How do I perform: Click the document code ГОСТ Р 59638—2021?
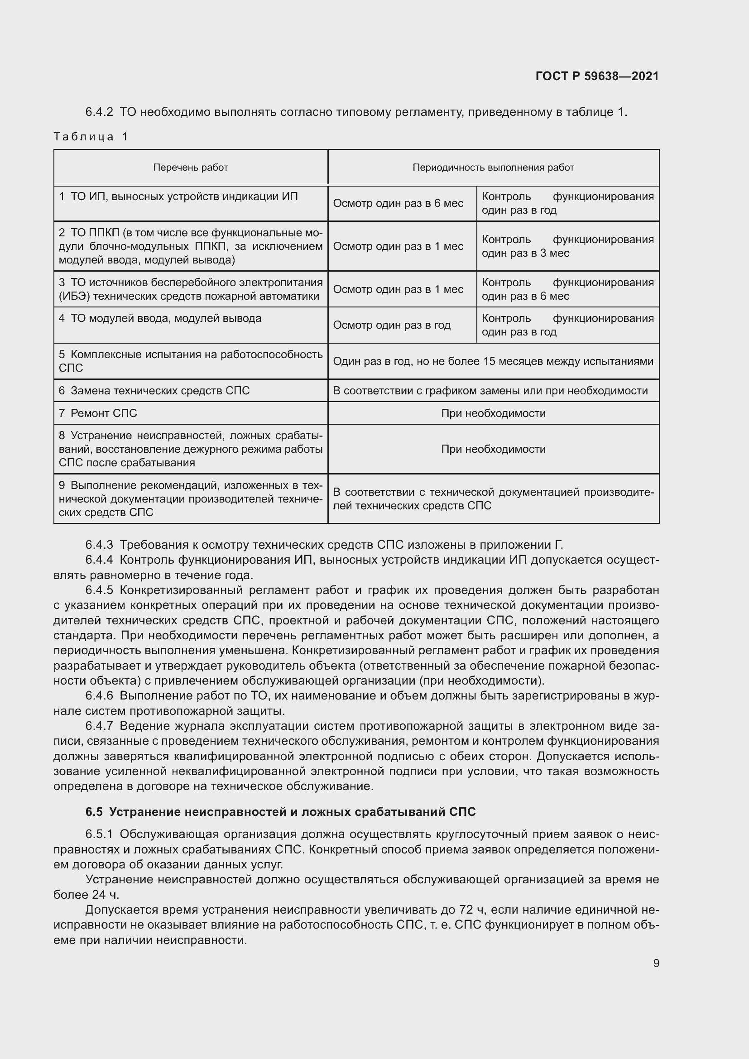(x=597, y=76)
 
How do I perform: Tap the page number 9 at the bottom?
(x=656, y=963)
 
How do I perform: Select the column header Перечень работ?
(x=191, y=168)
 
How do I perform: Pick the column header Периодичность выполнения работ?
(x=493, y=168)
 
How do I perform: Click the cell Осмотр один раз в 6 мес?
(x=398, y=203)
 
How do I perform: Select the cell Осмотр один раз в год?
(x=392, y=325)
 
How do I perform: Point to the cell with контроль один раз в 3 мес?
(x=567, y=246)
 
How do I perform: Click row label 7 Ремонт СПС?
(x=98, y=413)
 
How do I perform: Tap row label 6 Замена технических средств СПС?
(x=154, y=391)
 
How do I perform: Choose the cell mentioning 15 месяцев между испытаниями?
(x=493, y=361)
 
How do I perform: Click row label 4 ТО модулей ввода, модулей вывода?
(x=160, y=318)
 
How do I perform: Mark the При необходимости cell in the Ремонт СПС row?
(x=493, y=413)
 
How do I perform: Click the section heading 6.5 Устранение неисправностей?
(x=280, y=811)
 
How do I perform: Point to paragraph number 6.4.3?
(x=99, y=545)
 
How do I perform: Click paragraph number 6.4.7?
(x=99, y=726)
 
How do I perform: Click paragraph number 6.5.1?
(x=99, y=834)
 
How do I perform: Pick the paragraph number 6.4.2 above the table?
(x=99, y=112)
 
